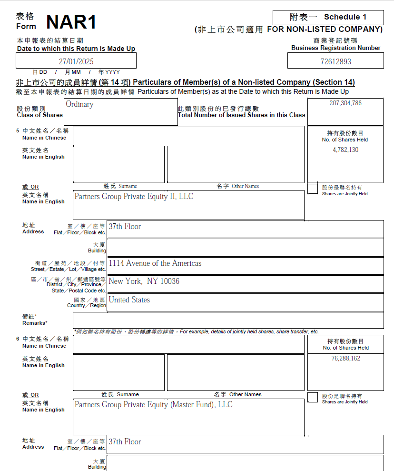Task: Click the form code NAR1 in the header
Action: click(x=71, y=22)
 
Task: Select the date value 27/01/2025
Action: click(x=76, y=61)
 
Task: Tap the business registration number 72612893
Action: click(x=335, y=61)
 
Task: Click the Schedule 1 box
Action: click(x=328, y=17)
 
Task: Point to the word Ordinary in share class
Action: click(x=79, y=104)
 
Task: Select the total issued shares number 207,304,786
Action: click(x=345, y=103)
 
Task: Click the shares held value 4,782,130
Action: click(x=345, y=150)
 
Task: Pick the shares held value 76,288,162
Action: click(x=345, y=359)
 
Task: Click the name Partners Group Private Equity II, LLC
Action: click(x=134, y=196)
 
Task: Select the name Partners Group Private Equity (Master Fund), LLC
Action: click(x=153, y=404)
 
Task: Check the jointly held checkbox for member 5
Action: click(x=313, y=189)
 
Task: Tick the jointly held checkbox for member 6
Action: click(x=313, y=397)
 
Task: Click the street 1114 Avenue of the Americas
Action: click(x=155, y=263)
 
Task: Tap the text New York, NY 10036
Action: click(x=144, y=281)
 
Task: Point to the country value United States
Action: click(x=129, y=300)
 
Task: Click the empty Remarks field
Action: click(x=245, y=320)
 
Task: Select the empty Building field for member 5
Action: click(x=245, y=248)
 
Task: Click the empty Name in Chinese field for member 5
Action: click(x=188, y=135)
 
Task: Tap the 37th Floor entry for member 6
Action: click(x=125, y=441)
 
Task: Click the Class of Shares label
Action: click(x=39, y=115)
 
